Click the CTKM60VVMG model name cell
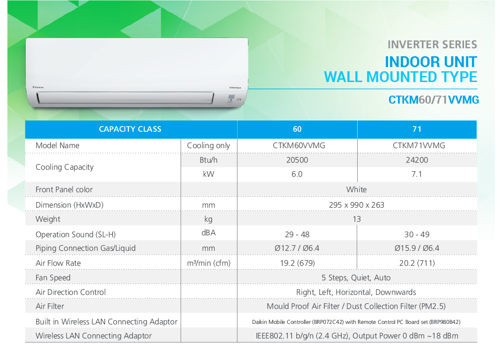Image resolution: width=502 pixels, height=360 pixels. coord(299,145)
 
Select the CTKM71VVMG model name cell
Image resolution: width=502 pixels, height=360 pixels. coord(419,145)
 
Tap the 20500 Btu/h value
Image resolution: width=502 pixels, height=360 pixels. coord(297,160)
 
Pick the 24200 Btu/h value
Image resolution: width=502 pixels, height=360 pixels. coord(417,160)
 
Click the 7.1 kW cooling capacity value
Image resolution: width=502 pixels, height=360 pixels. coord(417,174)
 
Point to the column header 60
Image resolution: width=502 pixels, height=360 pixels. coord(297,129)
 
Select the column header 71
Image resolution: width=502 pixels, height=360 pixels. coord(417,129)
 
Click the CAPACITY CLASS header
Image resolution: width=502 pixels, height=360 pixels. coord(130,129)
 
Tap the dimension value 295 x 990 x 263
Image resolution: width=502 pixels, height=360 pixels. coord(357,205)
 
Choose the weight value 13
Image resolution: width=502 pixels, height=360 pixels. coord(357,219)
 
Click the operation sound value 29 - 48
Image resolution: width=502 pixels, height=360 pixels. coord(297,234)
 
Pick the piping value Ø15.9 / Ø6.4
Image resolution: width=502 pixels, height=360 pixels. coord(417,248)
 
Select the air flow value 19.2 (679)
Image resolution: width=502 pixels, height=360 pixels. coord(298,263)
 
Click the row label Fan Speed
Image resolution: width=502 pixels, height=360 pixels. coord(53,277)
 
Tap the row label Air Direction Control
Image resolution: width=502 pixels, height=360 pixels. coord(70,292)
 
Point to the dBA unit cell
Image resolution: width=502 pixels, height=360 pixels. coord(209,233)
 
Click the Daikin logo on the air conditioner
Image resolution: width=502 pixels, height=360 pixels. coord(38,87)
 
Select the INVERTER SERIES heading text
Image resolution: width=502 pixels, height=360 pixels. coord(432,45)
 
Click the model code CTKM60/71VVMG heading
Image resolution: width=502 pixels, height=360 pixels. coord(434,100)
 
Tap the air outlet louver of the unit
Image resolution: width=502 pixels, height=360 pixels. coord(125,98)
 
